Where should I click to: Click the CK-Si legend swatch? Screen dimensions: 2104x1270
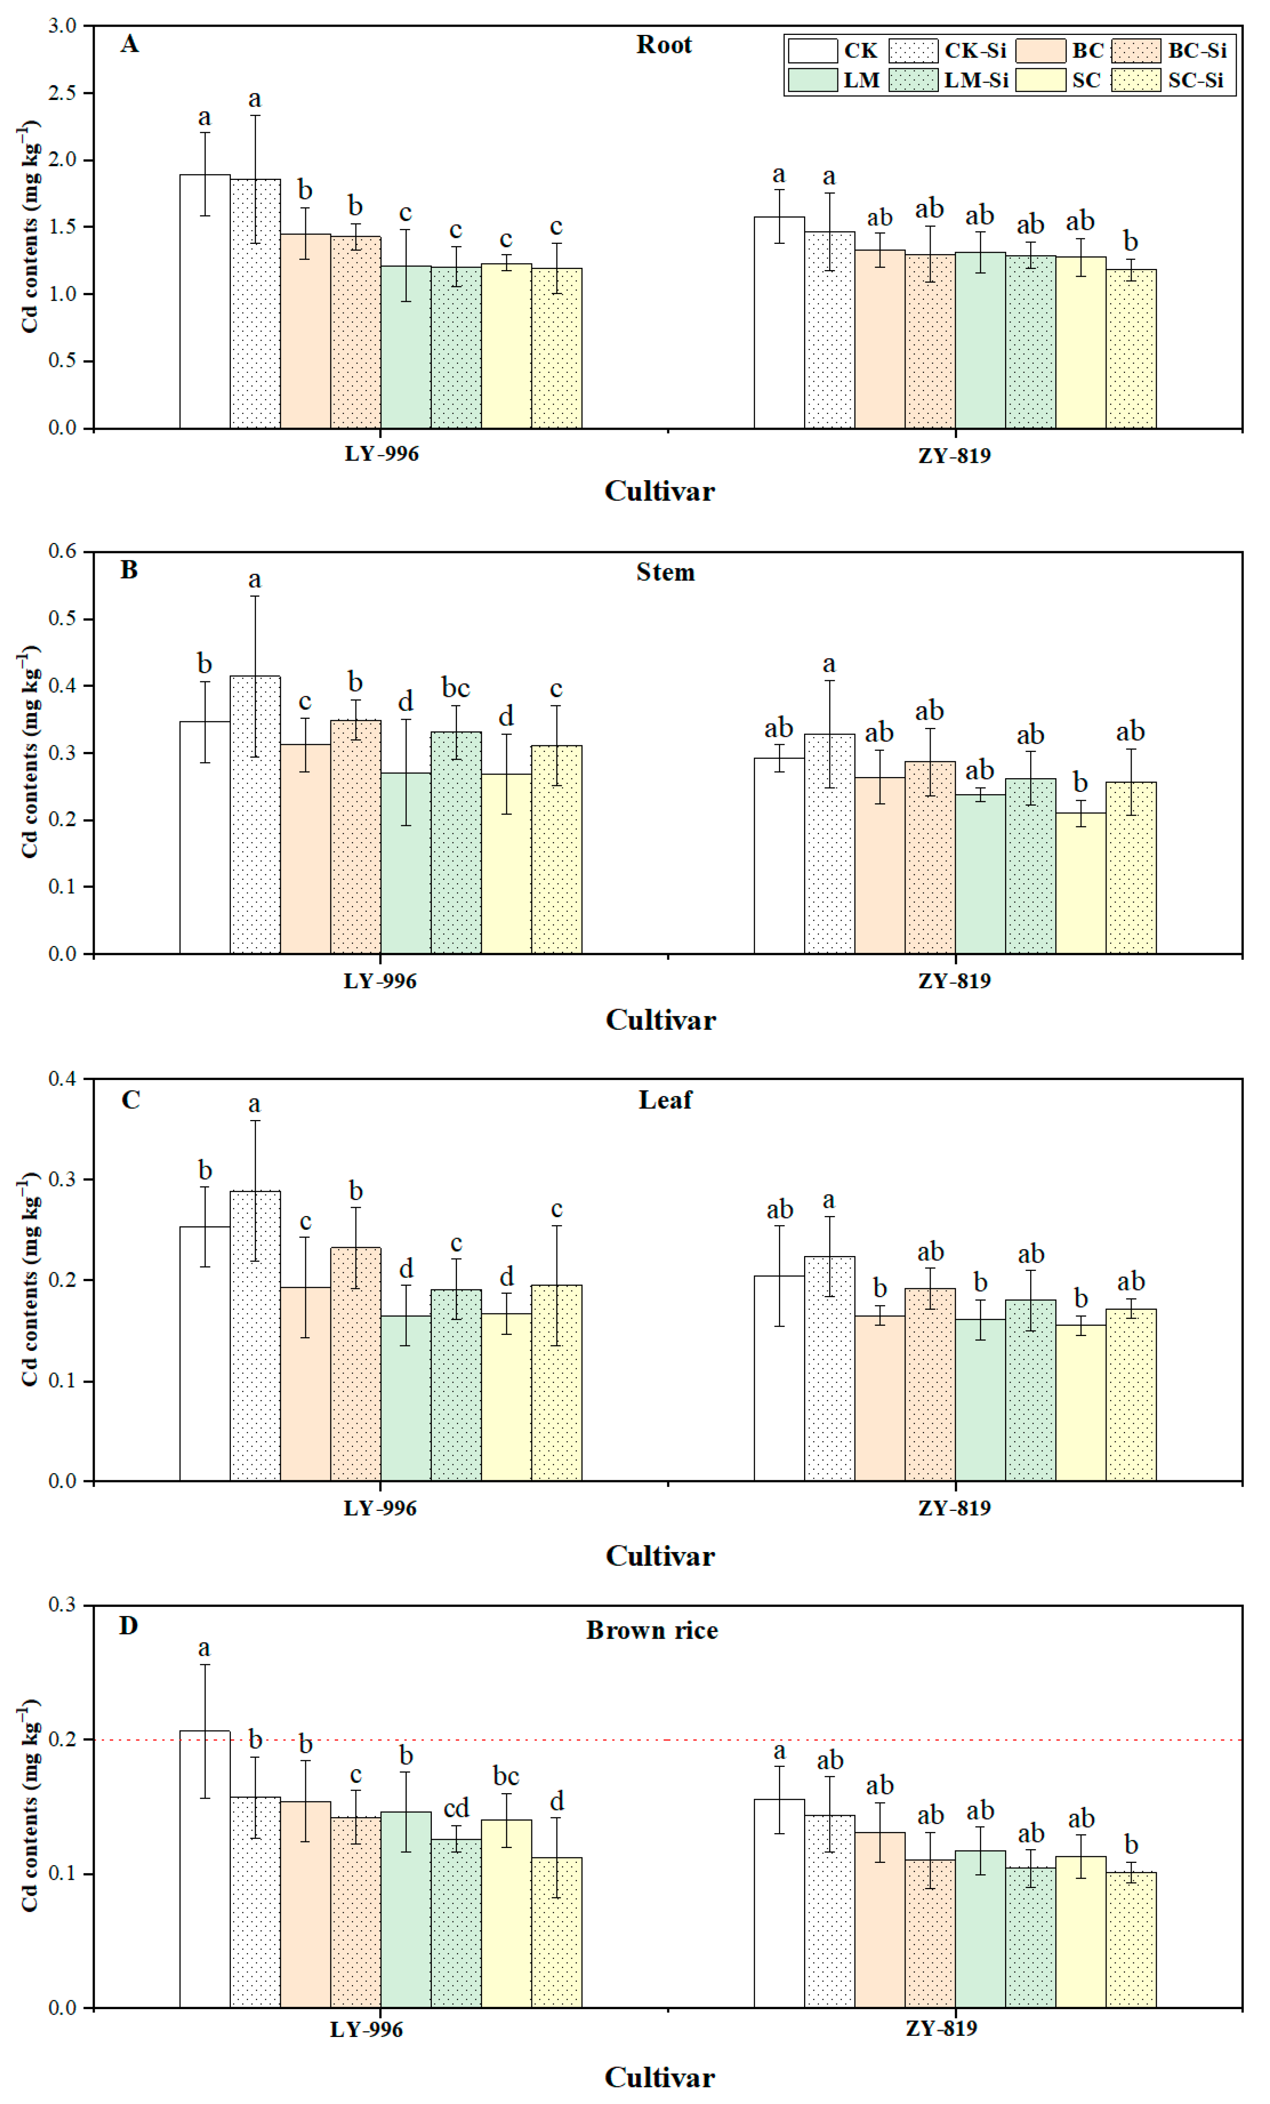[x=912, y=51]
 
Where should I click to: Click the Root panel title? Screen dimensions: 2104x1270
[x=663, y=45]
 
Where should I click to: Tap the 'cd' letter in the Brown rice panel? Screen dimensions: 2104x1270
[x=456, y=1808]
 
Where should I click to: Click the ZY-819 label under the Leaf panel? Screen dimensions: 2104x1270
[x=954, y=1508]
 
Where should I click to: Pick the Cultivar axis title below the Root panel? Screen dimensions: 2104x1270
[x=660, y=492]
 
